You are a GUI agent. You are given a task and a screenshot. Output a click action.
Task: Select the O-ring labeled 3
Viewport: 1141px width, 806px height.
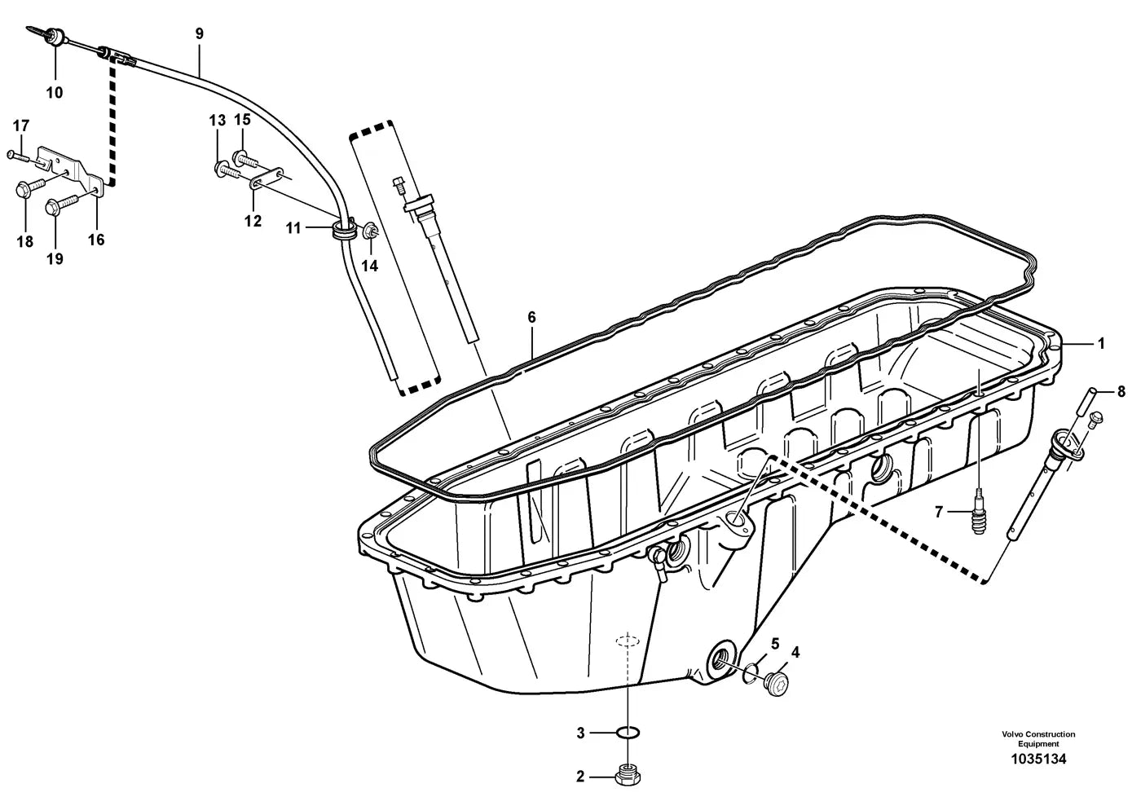[628, 733]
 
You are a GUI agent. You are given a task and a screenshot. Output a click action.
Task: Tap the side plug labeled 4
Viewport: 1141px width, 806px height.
[776, 684]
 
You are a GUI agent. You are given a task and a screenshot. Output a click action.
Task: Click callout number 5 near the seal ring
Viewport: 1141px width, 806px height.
[775, 644]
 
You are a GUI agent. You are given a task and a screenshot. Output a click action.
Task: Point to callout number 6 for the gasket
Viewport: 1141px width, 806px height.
[531, 317]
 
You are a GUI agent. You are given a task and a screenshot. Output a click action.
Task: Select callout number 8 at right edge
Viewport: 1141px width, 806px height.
[1121, 391]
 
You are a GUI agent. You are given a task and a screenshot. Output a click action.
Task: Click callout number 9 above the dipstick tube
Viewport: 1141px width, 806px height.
[199, 33]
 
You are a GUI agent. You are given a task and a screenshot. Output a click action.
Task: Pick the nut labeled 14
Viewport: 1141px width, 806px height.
[370, 232]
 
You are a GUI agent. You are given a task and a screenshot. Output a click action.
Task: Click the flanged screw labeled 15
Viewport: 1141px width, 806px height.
[247, 158]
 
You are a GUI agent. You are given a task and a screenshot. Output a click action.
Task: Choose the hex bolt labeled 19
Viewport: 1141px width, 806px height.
[60, 205]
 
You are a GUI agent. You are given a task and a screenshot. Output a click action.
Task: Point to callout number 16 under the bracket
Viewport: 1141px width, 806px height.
[96, 240]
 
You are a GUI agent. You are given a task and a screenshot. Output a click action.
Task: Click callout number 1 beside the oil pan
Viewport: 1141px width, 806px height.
[1101, 344]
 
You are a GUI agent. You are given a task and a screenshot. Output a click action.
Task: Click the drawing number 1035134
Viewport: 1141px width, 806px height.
[1038, 773]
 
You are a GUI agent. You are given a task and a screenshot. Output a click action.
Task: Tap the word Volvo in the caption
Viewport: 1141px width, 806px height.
[1011, 734]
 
